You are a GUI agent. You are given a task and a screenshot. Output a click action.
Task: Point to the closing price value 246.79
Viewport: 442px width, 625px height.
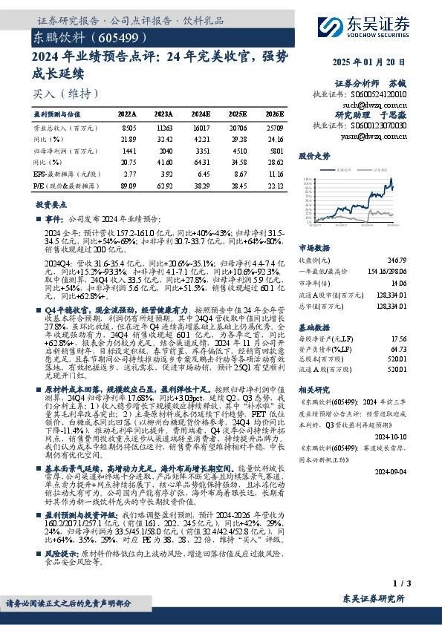pyautogui.click(x=397, y=261)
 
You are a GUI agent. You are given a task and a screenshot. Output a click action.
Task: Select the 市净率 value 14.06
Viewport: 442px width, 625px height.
pyautogui.click(x=399, y=283)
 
